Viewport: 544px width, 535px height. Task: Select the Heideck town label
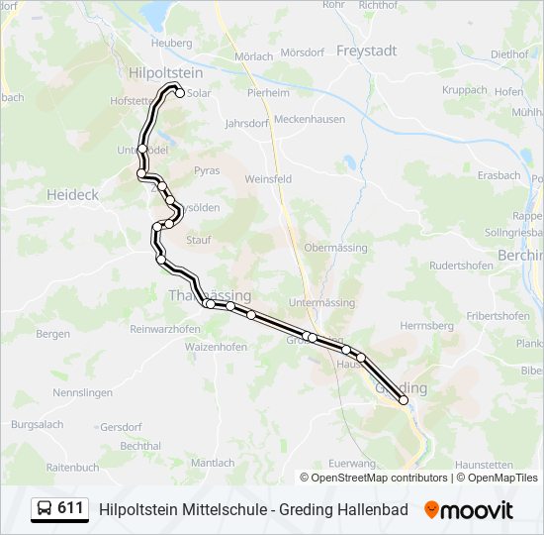(x=73, y=195)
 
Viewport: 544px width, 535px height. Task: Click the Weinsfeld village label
(x=268, y=179)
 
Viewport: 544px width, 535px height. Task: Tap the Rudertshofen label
(x=461, y=265)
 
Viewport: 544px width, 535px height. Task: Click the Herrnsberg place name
(x=426, y=325)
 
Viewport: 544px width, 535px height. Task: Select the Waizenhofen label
(x=217, y=347)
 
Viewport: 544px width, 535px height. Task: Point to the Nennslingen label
(x=83, y=392)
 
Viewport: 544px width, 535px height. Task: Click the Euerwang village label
(x=352, y=463)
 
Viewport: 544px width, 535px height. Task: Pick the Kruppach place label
(x=465, y=89)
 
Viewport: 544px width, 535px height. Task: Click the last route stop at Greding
(x=404, y=399)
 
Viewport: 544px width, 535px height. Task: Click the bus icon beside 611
(x=45, y=509)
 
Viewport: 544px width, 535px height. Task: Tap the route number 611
(x=70, y=508)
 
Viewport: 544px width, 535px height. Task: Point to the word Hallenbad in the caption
(x=371, y=509)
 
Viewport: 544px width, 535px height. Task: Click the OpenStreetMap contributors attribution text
(x=379, y=478)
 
